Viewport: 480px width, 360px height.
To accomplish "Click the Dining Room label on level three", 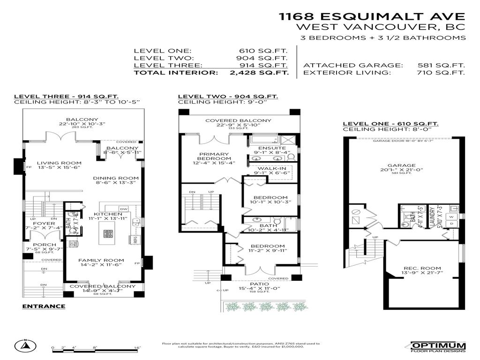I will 115,178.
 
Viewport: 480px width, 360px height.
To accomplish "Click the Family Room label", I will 101,260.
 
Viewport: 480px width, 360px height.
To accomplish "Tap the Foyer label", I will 47,224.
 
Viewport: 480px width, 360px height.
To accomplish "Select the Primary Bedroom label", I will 214,154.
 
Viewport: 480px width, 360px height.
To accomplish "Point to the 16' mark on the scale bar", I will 137,348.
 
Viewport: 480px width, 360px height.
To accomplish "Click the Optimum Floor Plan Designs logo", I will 438,346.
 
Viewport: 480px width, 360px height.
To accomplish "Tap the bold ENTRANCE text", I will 44,306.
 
